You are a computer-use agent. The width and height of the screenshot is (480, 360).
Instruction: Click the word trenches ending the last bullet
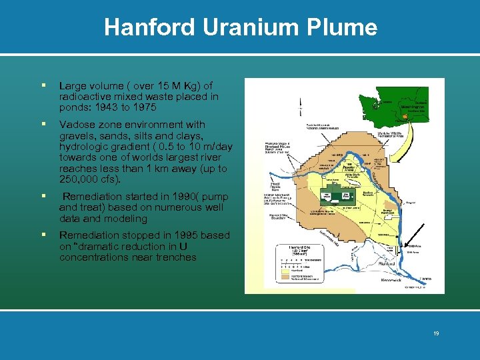(173, 257)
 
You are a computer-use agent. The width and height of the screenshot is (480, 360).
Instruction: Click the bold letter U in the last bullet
(192, 247)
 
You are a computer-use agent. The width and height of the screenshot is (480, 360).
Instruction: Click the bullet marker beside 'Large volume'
(43, 86)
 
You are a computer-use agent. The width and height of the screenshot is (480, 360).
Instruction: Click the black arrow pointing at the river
(416, 237)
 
